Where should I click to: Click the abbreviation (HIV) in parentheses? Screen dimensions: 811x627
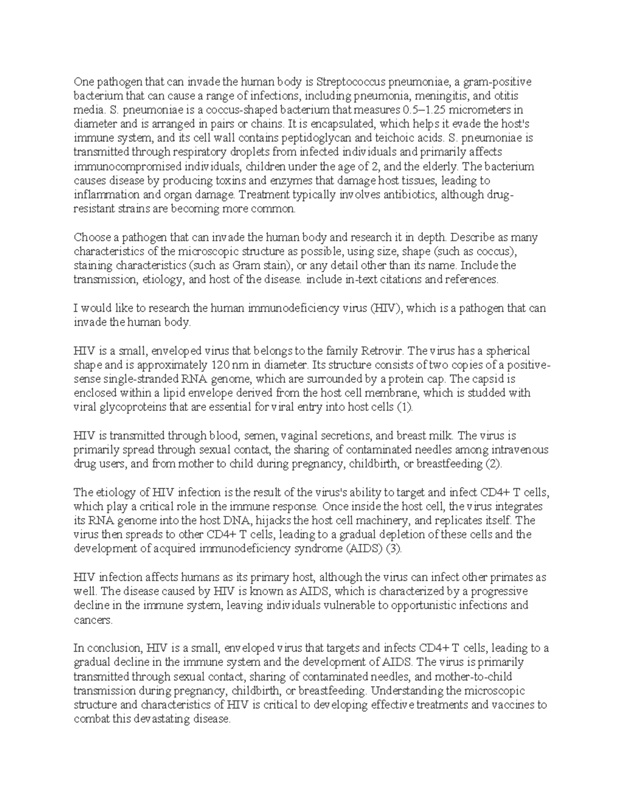click(x=386, y=308)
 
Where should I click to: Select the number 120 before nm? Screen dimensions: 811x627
click(x=219, y=365)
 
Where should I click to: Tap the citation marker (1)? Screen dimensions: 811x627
click(x=404, y=407)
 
